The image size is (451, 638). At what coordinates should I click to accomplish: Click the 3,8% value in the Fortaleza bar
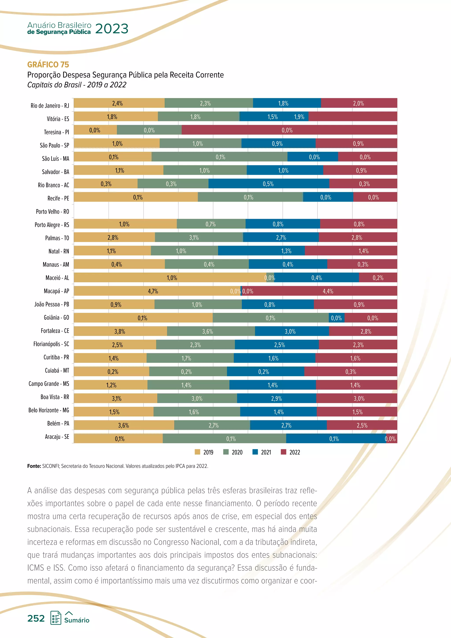(120, 331)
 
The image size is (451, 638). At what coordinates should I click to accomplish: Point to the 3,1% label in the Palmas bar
(194, 237)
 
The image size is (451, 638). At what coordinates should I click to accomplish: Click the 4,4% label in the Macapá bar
(328, 291)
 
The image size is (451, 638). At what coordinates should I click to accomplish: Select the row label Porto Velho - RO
(52, 211)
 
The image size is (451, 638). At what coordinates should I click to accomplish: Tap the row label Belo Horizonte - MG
(49, 410)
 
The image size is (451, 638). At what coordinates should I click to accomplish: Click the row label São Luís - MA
(55, 158)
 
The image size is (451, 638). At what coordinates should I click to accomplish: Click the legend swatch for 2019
(198, 452)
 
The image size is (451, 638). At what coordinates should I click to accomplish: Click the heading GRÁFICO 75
(48, 65)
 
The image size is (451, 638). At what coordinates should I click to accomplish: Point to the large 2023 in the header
(112, 29)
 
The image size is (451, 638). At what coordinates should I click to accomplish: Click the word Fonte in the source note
(34, 466)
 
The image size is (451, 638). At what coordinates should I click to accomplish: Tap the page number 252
(36, 618)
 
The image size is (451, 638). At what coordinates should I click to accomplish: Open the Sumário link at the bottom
(77, 620)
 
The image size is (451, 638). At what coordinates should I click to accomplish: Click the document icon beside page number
(56, 618)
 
